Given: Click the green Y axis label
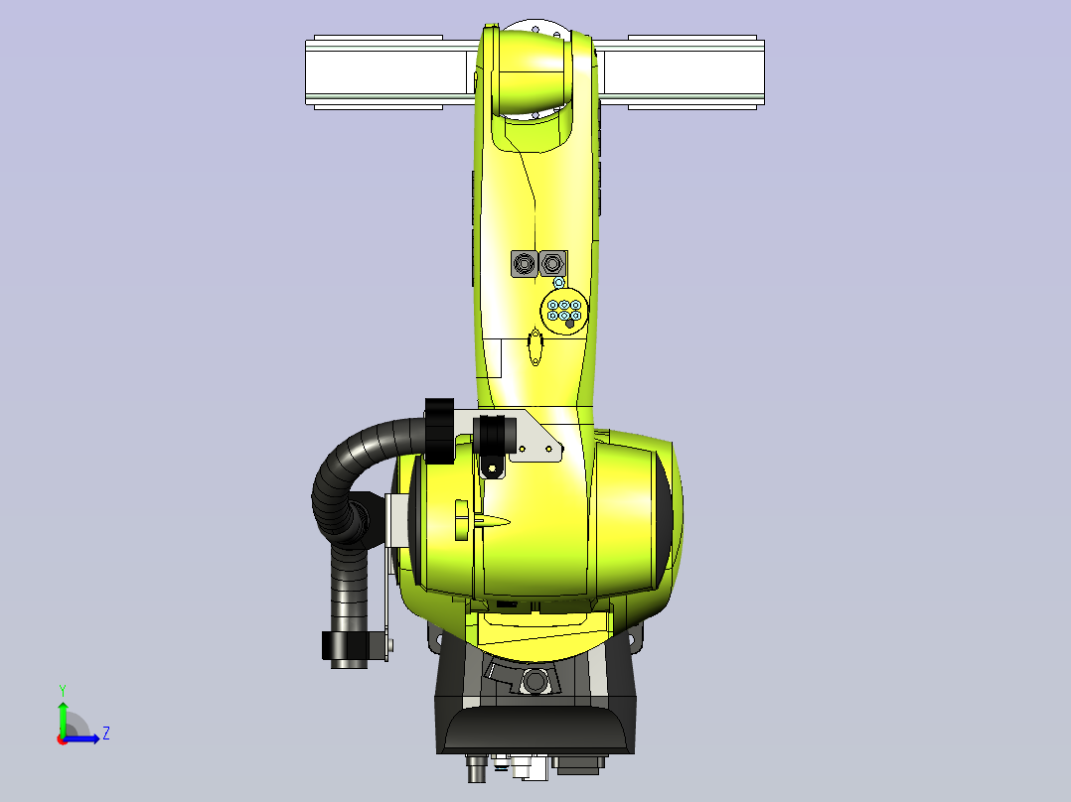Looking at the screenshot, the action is click(63, 691).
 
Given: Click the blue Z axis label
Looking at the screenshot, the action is click(106, 734).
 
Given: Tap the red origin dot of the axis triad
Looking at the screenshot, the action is click(63, 739).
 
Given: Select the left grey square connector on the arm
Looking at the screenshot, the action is click(524, 263).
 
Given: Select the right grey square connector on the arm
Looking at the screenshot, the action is click(552, 263).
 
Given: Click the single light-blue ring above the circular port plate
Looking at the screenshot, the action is click(558, 282).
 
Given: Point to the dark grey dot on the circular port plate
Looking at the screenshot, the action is click(569, 324).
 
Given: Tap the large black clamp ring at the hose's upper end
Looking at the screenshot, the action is click(439, 432).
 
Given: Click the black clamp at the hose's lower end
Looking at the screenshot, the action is click(346, 646).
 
